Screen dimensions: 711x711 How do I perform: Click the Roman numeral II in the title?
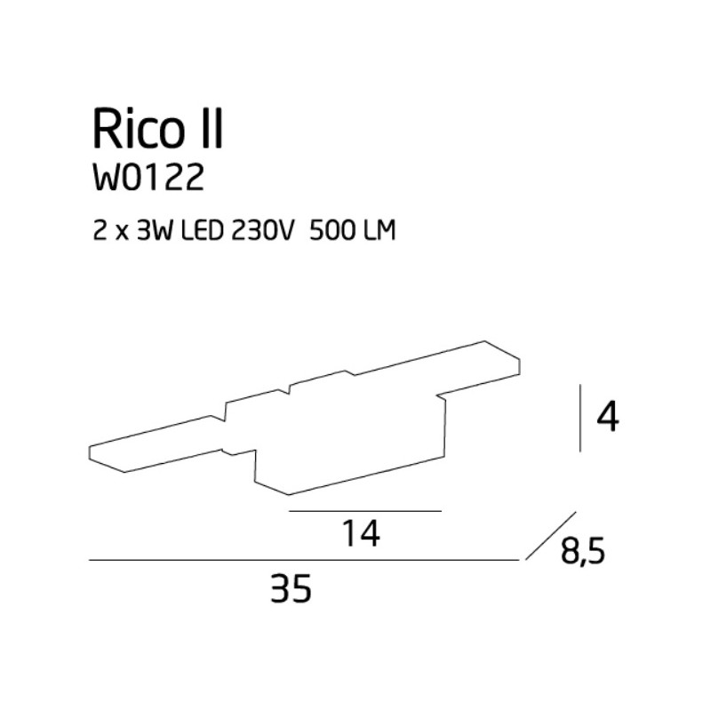coord(211,129)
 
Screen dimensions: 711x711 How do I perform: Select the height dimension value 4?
coord(608,417)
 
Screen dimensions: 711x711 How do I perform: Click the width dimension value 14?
coord(362,533)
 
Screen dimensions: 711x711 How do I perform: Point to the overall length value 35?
coord(292,587)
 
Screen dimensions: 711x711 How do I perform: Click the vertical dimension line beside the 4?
coord(580,418)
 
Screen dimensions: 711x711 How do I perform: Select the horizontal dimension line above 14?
coord(365,512)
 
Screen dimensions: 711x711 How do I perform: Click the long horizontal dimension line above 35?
coord(302,560)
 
